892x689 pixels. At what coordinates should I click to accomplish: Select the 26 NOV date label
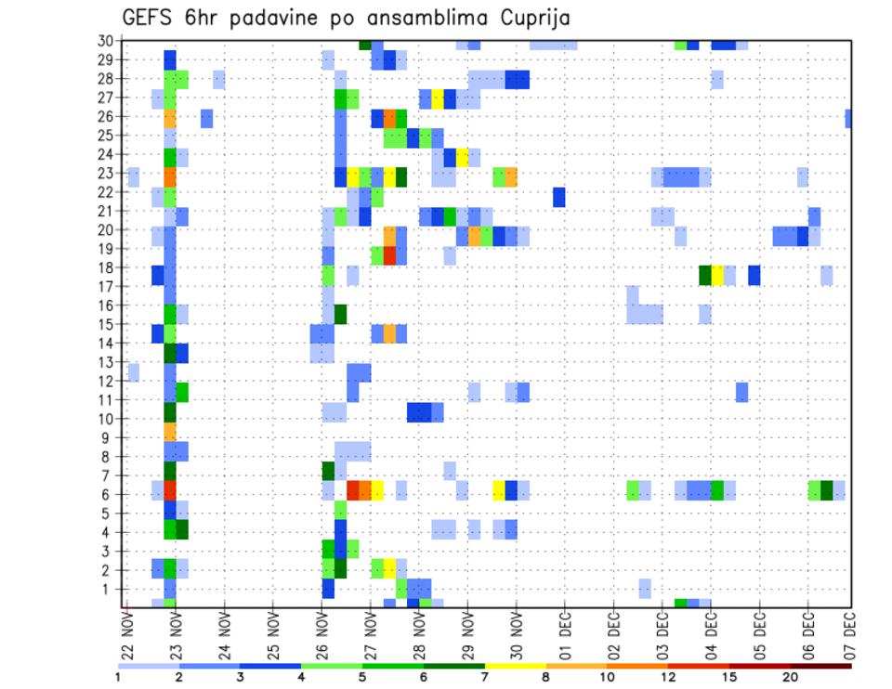tap(321, 636)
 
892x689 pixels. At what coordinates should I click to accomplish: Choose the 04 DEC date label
tap(710, 636)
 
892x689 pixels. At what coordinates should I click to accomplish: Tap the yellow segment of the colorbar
tap(515, 666)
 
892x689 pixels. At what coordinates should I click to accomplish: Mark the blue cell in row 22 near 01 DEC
tap(558, 197)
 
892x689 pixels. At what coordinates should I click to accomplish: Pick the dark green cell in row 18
tap(705, 275)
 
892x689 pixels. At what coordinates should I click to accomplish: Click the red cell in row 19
tap(390, 254)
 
